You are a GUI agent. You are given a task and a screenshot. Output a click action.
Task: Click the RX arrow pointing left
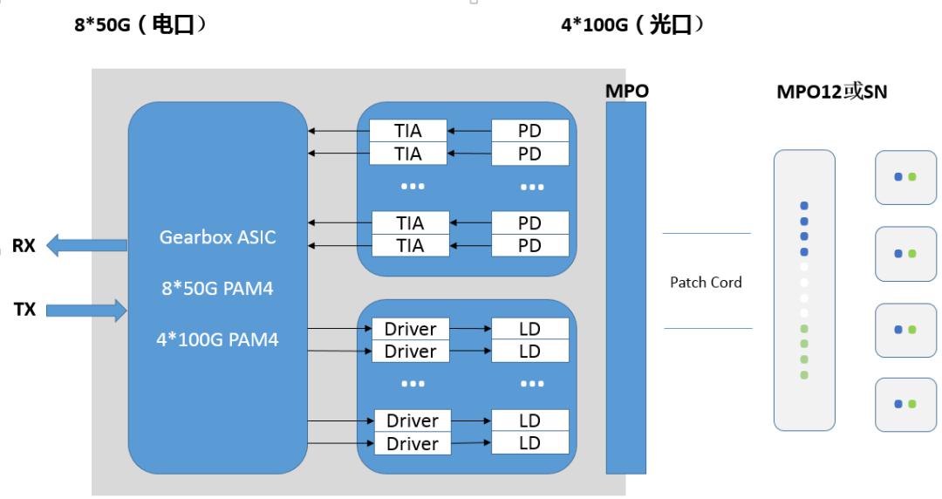click(83, 246)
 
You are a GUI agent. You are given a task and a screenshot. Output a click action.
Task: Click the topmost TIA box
click(409, 131)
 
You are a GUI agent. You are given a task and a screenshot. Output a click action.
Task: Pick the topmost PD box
click(530, 131)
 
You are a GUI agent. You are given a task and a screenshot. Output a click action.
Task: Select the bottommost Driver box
click(412, 443)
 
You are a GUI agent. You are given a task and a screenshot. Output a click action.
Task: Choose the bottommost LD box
click(530, 443)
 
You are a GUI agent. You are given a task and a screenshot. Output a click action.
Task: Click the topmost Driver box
click(410, 329)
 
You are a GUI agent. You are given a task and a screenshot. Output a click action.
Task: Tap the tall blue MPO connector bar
click(627, 288)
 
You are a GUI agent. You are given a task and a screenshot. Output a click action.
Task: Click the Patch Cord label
click(706, 282)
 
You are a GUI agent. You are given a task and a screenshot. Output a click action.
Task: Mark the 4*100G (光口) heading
click(633, 27)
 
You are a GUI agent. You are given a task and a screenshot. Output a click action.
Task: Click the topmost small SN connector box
click(904, 176)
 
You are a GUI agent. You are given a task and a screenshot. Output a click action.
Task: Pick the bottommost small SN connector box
click(904, 404)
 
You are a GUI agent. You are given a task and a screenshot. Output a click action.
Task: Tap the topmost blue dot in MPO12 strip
click(804, 206)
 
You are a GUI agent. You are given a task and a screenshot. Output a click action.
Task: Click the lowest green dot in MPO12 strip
click(804, 375)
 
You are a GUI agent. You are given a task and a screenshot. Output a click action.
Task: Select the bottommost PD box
click(530, 245)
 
